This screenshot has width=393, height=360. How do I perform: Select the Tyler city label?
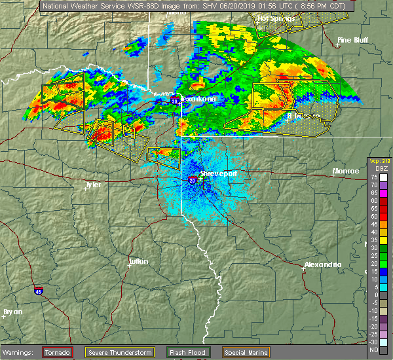93,185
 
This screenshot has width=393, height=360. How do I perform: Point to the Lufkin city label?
138,261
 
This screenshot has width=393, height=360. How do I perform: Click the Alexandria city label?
322,264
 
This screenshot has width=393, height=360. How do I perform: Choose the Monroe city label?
345,171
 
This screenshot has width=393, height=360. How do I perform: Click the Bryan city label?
12,311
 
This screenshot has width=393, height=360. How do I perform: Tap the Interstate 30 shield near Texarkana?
175,101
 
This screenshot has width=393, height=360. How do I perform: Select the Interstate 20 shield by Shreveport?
193,180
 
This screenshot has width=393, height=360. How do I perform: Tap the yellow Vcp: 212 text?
379,161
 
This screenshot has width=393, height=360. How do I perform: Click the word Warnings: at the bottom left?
21,352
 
